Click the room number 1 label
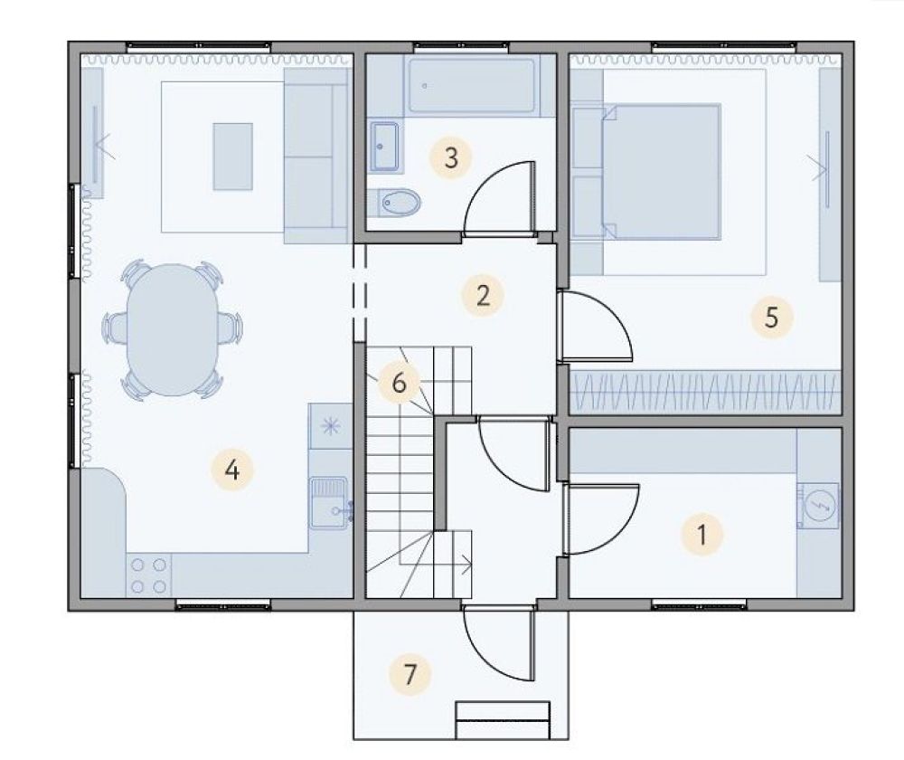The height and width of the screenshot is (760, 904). click(x=702, y=535)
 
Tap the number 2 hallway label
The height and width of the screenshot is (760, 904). click(x=483, y=296)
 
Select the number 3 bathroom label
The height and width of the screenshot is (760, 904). click(x=451, y=157)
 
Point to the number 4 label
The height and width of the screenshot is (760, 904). click(x=231, y=470)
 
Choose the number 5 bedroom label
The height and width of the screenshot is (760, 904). click(x=771, y=317)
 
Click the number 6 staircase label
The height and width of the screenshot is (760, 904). click(x=399, y=383)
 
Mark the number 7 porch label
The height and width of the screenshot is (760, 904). click(x=410, y=673)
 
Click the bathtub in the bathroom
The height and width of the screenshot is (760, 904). click(x=472, y=86)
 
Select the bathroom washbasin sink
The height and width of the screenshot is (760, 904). click(x=384, y=147)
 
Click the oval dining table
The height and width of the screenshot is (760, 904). click(x=173, y=329)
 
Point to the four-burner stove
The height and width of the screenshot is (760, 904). click(x=149, y=575)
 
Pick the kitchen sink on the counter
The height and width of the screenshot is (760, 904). click(x=330, y=503)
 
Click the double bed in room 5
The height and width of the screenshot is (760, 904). click(x=662, y=171)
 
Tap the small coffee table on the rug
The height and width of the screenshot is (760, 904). click(x=233, y=157)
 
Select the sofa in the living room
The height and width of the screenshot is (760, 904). click(x=317, y=156)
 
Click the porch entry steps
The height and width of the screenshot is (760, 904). click(x=502, y=720)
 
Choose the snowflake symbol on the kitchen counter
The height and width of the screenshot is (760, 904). click(x=330, y=426)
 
